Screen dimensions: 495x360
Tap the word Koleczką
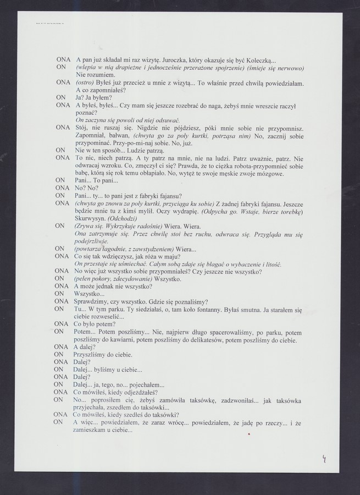pyautogui.click(x=260, y=60)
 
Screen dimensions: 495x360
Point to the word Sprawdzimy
pyautogui.click(x=95, y=301)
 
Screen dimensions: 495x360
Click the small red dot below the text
pyautogui.click(x=249, y=435)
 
